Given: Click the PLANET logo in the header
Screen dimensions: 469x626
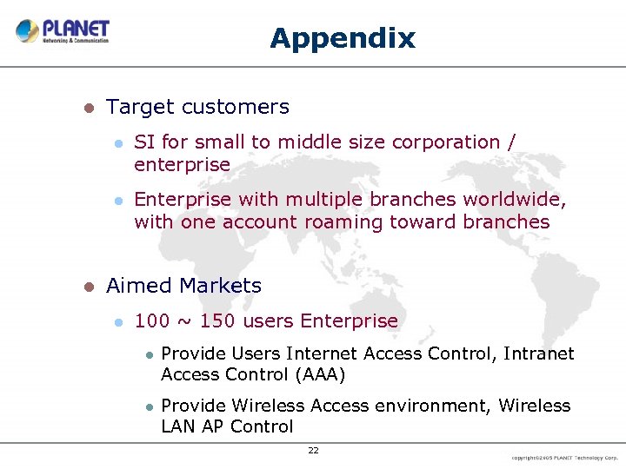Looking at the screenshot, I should pos(63,31).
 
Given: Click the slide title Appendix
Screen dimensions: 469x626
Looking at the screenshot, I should pos(343,38).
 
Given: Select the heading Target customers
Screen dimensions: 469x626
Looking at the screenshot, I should pos(197,107).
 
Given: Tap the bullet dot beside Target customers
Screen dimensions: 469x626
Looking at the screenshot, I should pos(87,108).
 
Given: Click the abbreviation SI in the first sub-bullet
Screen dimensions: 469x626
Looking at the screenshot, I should pos(144,142).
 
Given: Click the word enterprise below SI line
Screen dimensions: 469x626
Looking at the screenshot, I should pos(182,164).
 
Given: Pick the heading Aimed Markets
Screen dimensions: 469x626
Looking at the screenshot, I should pos(183,286).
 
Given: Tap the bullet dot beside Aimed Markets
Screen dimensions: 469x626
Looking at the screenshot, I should pos(87,287).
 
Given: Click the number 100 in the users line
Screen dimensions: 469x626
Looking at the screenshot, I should pos(152,320).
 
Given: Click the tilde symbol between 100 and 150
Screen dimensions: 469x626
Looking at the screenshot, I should pos(184,321).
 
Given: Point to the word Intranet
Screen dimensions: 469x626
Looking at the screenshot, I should pos(539,353).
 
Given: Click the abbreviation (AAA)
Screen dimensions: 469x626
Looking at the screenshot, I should pos(320,374).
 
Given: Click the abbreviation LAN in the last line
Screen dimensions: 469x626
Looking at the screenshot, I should pos(179,426).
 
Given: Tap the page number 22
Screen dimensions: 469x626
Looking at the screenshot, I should pos(313,450).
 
